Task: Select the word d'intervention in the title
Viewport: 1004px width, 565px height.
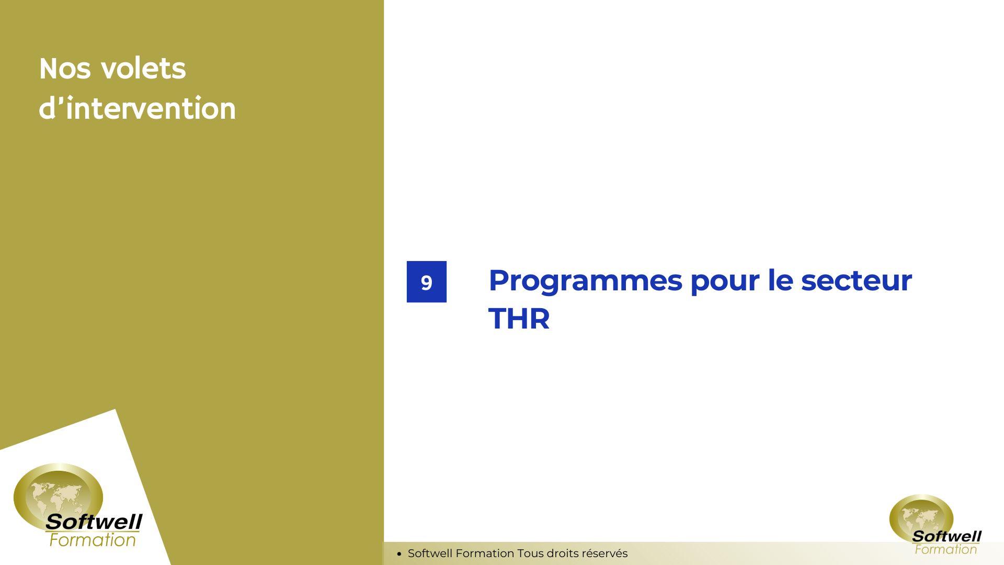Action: [x=137, y=108]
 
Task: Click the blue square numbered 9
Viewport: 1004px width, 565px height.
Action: [x=427, y=281]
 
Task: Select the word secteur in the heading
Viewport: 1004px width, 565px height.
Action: [x=857, y=281]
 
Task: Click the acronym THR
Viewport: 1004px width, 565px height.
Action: [x=519, y=319]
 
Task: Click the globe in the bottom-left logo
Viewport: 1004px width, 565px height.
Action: [x=58, y=495]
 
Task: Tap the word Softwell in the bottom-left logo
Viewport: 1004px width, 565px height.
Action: [x=94, y=522]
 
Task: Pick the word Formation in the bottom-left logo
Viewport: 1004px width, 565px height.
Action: [x=93, y=540]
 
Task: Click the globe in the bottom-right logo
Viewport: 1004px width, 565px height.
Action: [x=921, y=518]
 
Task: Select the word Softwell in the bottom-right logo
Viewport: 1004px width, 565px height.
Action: [x=946, y=536]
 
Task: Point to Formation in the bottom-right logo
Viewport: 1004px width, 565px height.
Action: [x=945, y=549]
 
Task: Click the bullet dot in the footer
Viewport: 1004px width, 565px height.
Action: [x=399, y=553]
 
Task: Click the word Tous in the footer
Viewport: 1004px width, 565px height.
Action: [x=531, y=553]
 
